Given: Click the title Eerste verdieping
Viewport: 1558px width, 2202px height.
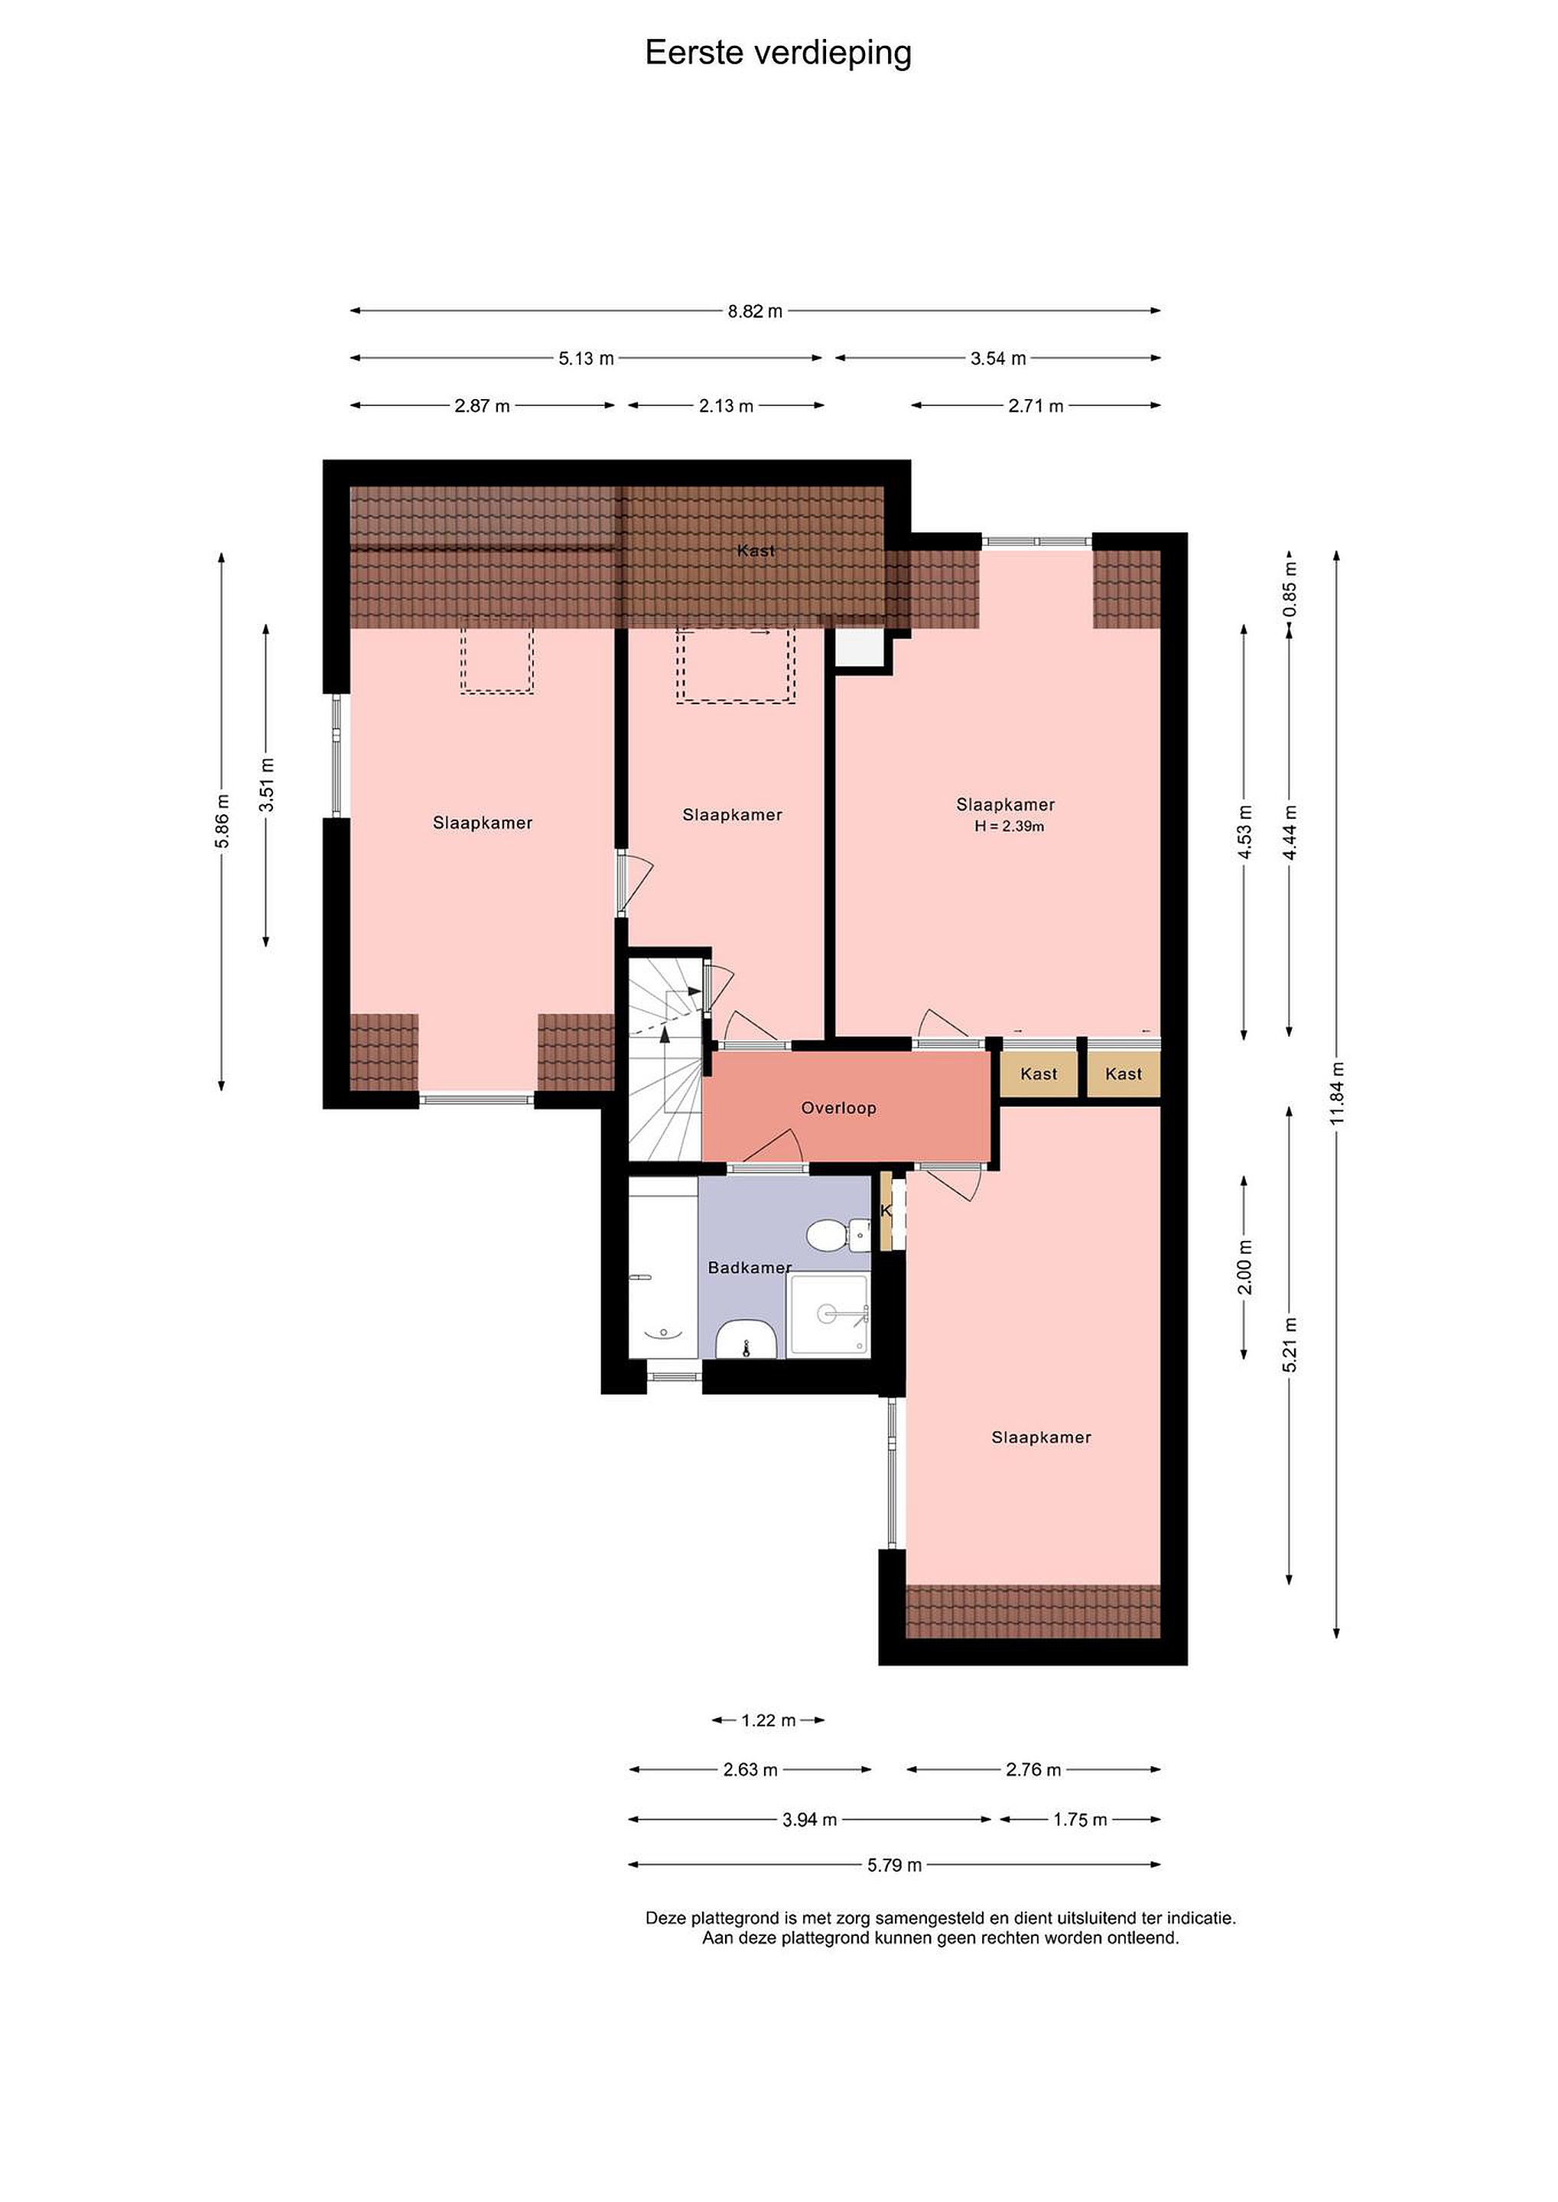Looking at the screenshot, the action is coord(778,54).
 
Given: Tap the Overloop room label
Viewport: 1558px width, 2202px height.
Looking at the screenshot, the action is coord(838,1108).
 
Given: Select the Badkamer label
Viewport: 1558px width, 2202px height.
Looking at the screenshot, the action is coord(750,1267).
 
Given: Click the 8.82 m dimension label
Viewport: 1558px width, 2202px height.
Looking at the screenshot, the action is coord(755,310).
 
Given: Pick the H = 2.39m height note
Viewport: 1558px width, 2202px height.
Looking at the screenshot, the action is coord(1010,826).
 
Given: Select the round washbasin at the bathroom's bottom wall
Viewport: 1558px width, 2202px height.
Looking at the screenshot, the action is coord(746,1339).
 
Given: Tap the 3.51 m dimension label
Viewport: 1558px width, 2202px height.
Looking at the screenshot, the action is coord(268,784).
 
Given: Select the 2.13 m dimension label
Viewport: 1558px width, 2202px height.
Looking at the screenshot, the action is coord(727,406).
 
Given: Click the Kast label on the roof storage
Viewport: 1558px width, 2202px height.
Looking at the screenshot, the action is coord(756,550).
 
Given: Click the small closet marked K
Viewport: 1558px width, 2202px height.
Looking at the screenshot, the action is coord(886,1211).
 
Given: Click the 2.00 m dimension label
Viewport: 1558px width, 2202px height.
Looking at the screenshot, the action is coord(1245,1267).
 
